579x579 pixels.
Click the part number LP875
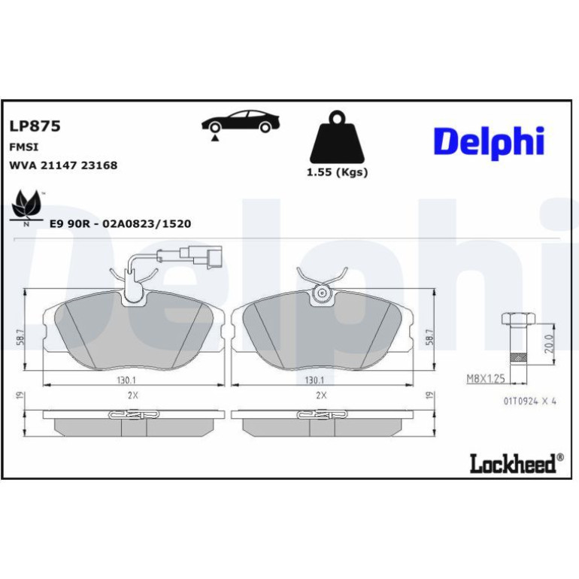click(35, 126)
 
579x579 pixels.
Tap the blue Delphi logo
click(489, 143)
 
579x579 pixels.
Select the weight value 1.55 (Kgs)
click(337, 172)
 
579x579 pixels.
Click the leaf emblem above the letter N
click(25, 205)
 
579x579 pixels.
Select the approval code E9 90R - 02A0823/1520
click(120, 224)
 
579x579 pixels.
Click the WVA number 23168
click(99, 165)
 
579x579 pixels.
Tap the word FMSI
click(23, 147)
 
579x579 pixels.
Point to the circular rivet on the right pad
click(321, 293)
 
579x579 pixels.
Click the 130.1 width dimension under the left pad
click(126, 380)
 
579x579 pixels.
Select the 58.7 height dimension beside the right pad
click(430, 337)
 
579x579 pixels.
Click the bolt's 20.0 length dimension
click(550, 344)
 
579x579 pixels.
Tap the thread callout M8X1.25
click(486, 378)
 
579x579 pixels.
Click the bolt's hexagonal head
click(518, 319)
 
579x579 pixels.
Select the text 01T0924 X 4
click(530, 401)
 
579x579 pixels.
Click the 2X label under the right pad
click(321, 395)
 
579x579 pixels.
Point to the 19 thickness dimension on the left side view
click(21, 395)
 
